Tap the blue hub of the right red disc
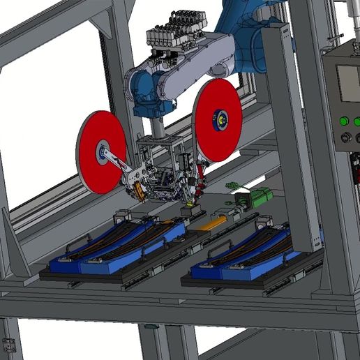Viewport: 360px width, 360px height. click(221, 119)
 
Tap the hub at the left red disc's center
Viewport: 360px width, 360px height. click(103, 154)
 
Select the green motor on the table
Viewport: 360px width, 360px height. click(257, 197)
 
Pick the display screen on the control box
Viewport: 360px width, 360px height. click(349, 84)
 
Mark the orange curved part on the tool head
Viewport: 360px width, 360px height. click(139, 190)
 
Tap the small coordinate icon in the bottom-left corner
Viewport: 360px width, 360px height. click(9, 345)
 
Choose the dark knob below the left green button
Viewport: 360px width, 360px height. click(343, 138)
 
